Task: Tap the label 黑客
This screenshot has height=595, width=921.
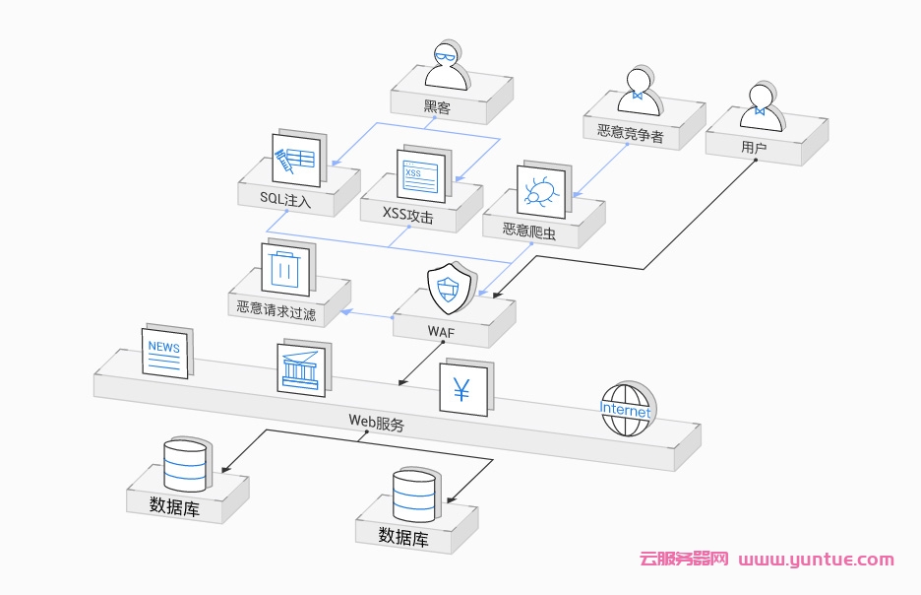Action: [437, 107]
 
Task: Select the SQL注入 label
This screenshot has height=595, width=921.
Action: [285, 200]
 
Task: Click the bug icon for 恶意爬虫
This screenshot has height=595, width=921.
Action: [539, 191]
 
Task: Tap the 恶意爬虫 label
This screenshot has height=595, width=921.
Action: [529, 231]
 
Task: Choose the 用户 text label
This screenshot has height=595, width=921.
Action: [754, 148]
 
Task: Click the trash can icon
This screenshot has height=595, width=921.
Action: [285, 268]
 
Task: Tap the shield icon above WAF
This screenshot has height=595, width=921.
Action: [448, 289]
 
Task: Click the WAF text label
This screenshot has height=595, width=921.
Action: [441, 332]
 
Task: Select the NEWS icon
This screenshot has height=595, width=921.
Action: [164, 352]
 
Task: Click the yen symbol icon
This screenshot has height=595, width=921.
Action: [462, 390]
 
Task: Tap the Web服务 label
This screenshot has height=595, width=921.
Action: [376, 423]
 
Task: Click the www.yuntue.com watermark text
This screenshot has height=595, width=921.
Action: [816, 560]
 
